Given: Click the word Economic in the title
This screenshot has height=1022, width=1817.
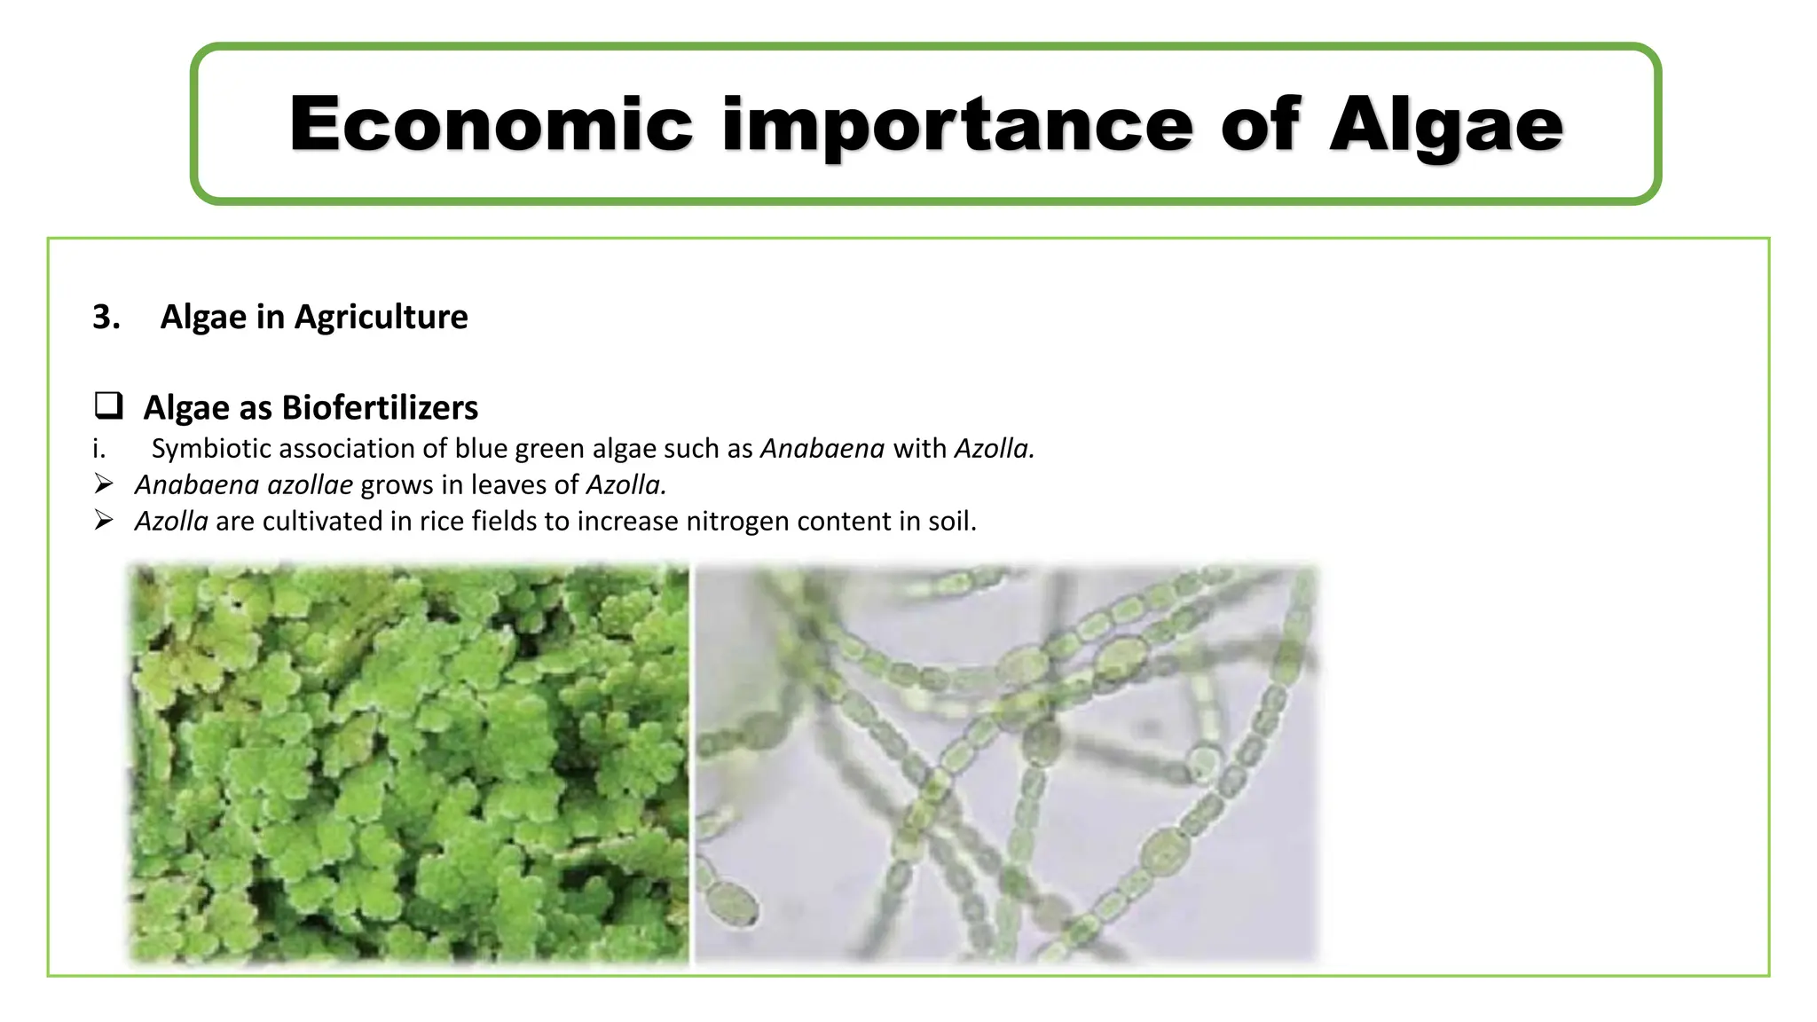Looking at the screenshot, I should coord(491,124).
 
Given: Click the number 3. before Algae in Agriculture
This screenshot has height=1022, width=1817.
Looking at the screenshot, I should coord(106,317).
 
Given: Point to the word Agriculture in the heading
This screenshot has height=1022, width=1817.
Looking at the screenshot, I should coord(381,317).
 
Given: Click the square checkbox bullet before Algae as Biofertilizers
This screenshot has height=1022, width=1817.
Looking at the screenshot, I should coord(108,405).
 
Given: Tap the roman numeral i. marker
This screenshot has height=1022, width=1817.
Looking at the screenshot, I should coord(98,449).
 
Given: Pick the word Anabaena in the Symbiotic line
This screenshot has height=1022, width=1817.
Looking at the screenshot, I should coord(822,449).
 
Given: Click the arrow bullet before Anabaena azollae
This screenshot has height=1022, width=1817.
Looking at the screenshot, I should coord(104,484).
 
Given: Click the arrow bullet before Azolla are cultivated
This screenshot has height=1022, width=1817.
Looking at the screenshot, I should coord(104,521).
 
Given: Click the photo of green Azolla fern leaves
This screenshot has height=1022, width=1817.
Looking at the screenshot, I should coord(408,763).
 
